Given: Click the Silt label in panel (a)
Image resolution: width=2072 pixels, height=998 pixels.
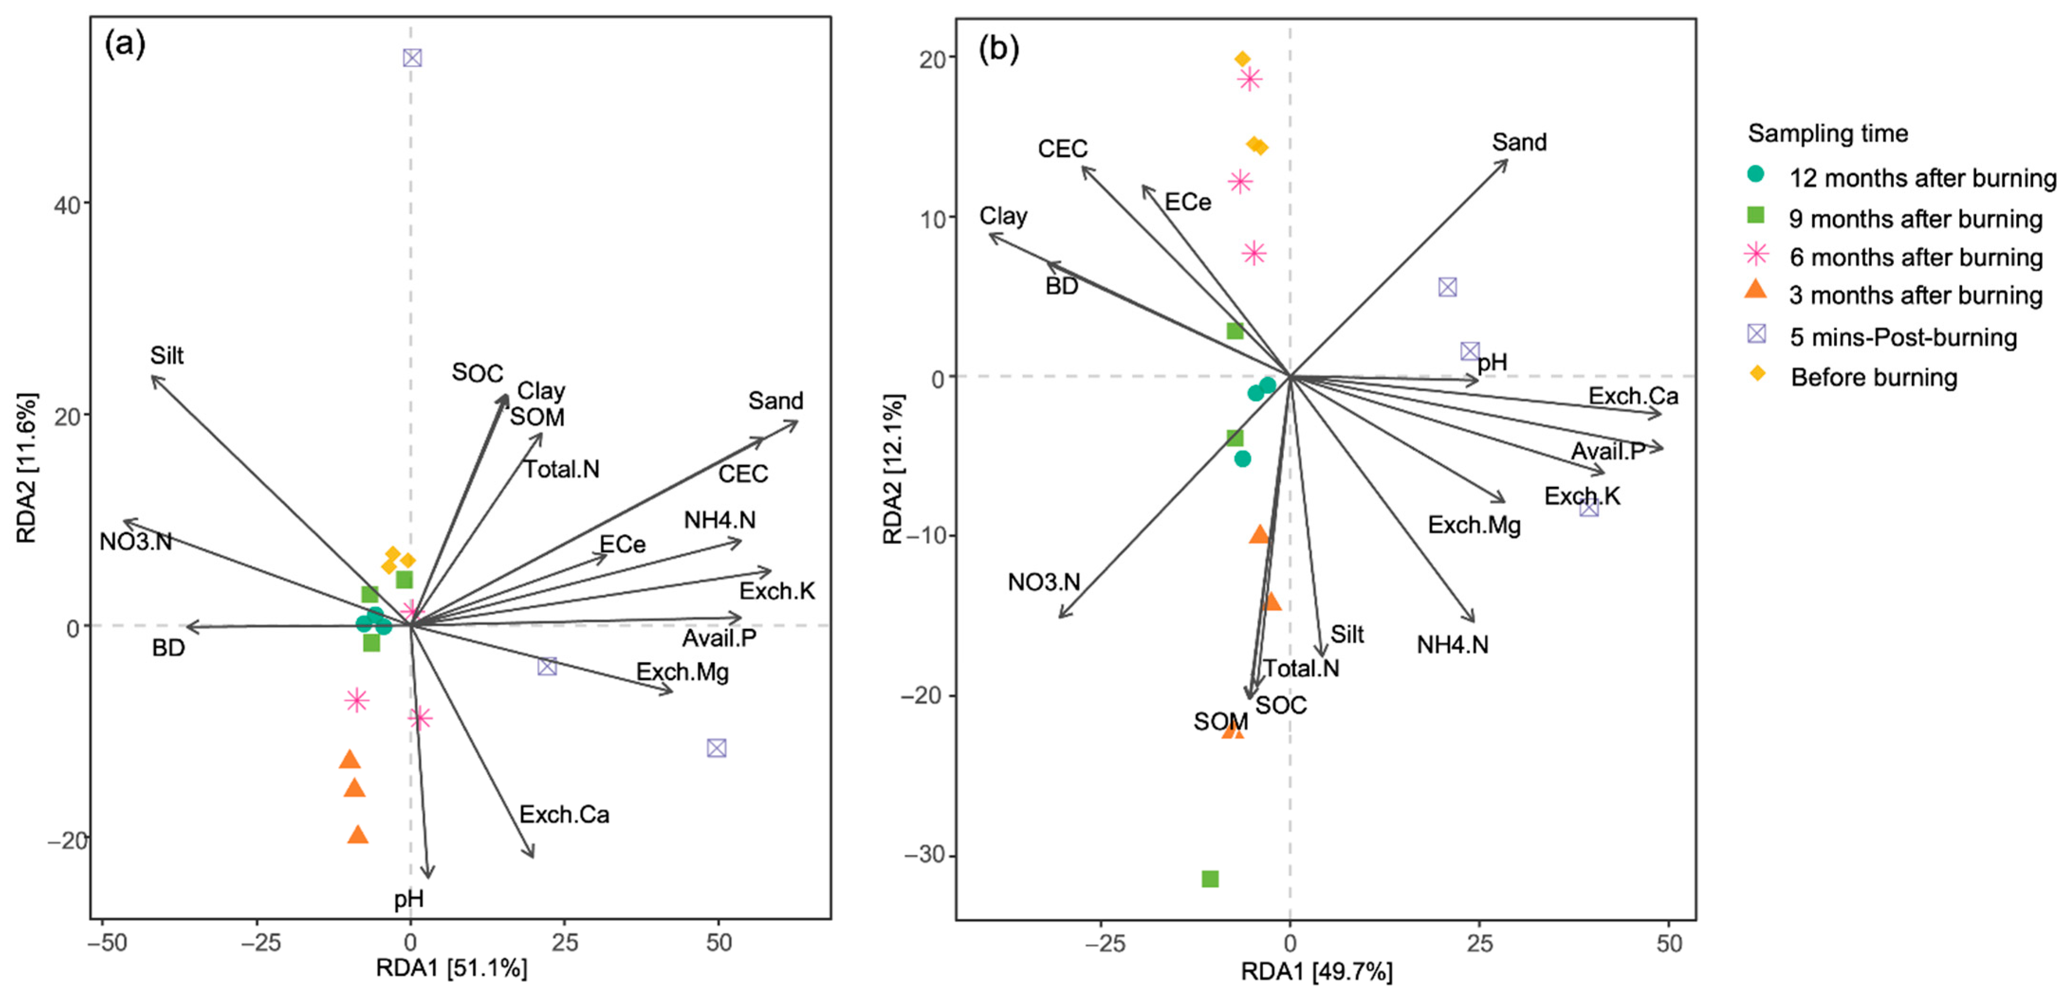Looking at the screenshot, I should [166, 355].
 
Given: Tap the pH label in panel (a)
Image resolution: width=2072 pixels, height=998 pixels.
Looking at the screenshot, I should [409, 898].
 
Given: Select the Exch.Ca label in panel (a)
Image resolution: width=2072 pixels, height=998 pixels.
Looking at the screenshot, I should [564, 815].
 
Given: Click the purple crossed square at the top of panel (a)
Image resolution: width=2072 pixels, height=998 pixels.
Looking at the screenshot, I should [412, 58].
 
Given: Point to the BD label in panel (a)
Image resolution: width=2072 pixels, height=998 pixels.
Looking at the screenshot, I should [168, 647].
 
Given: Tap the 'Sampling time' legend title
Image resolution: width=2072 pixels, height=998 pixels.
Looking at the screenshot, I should [1827, 134].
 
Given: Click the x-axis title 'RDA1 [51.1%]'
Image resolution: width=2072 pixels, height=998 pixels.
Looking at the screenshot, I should [451, 968].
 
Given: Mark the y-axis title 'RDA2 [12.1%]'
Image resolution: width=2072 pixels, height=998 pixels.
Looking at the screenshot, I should [893, 469].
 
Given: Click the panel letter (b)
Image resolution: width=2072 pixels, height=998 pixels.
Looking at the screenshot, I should [998, 50].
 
